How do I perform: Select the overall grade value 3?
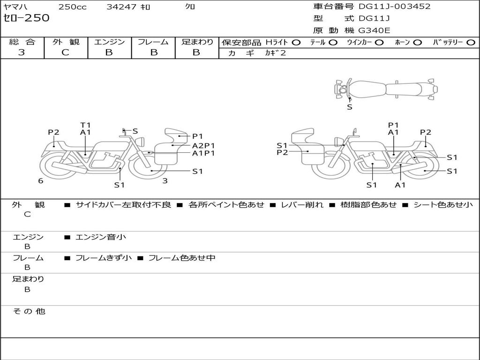(x=22, y=52)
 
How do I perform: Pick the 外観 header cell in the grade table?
(x=66, y=42)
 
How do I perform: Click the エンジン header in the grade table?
(x=109, y=42)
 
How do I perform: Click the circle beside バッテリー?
(x=471, y=42)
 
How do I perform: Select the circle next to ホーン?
(x=418, y=42)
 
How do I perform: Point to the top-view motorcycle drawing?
(x=385, y=89)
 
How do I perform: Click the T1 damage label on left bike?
(x=85, y=125)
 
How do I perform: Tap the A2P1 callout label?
(x=203, y=145)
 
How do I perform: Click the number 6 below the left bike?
(x=41, y=180)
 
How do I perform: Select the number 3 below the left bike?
(x=165, y=180)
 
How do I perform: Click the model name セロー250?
(x=26, y=18)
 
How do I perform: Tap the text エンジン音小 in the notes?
(x=101, y=237)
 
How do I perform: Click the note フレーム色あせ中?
(x=181, y=258)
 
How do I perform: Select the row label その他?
(x=29, y=311)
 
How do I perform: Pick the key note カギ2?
(x=275, y=53)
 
